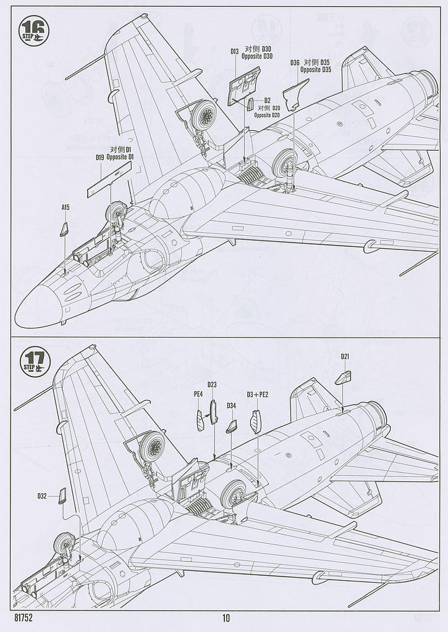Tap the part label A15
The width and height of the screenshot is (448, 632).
(66, 208)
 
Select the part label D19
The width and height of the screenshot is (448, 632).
(100, 158)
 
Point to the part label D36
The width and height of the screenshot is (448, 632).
(295, 62)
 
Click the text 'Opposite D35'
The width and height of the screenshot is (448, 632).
(316, 70)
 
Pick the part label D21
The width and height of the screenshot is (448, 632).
(345, 357)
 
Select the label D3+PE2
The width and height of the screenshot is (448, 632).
(258, 394)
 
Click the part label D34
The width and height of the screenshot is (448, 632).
(231, 405)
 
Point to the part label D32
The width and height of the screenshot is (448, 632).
(41, 496)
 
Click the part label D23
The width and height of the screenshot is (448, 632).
(212, 385)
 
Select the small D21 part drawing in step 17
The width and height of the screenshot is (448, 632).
(343, 378)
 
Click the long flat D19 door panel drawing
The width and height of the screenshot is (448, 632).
(108, 183)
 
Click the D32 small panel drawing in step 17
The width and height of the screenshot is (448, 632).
(62, 495)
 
